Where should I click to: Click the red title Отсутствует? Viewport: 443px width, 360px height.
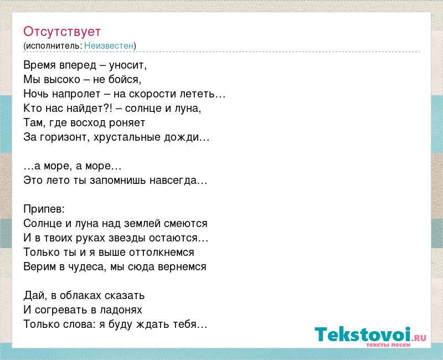tap(62, 32)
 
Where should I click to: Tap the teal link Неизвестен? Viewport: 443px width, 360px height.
tap(109, 45)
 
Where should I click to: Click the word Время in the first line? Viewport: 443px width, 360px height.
tap(40, 65)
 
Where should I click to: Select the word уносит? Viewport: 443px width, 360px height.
tap(128, 65)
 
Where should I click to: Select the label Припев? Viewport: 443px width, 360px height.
tap(44, 209)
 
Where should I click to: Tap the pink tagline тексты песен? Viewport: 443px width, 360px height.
tap(388, 344)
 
